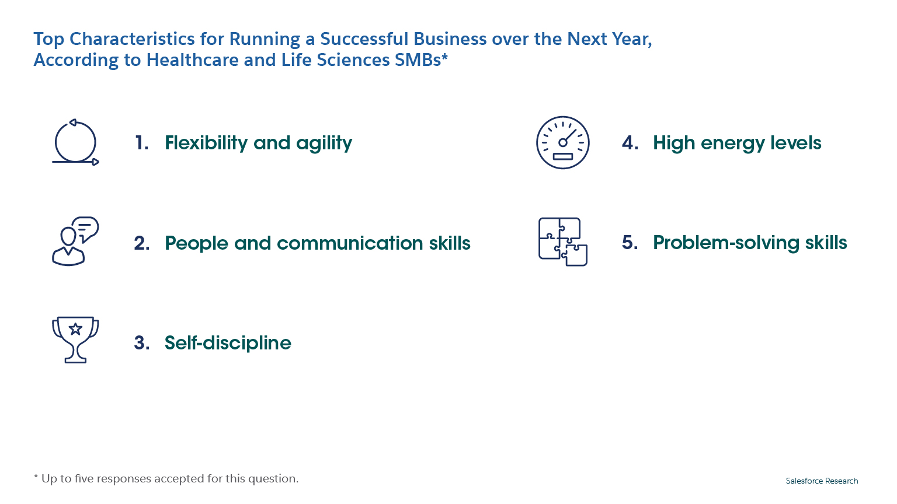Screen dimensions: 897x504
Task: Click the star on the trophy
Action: pyautogui.click(x=75, y=329)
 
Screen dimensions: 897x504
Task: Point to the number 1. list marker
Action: pyautogui.click(x=142, y=143)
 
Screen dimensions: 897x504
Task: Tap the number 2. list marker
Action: pyautogui.click(x=142, y=243)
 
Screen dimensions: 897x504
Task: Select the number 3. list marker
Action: pyautogui.click(x=142, y=343)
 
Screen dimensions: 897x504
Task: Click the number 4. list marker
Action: pyautogui.click(x=630, y=143)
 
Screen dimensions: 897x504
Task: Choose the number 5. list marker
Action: pyautogui.click(x=630, y=243)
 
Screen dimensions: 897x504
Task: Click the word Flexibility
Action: pyautogui.click(x=206, y=143)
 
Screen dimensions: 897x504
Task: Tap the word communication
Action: pyautogui.click(x=350, y=243)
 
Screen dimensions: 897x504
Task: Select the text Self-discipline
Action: pyautogui.click(x=228, y=343)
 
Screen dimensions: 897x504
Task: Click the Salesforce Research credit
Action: pyautogui.click(x=822, y=481)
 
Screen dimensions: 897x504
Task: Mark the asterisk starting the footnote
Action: pyautogui.click(x=36, y=476)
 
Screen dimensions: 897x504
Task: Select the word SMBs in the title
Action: pyautogui.click(x=418, y=60)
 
